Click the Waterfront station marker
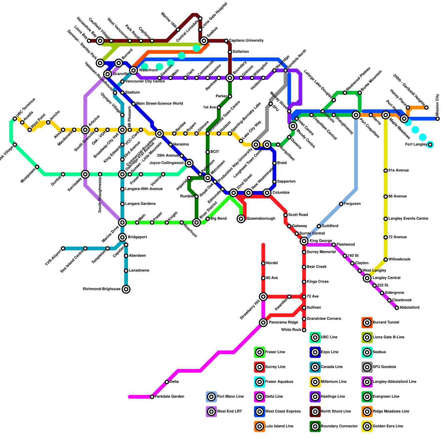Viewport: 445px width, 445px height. pyautogui.click(x=134, y=70)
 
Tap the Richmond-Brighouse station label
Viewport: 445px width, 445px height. pyautogui.click(x=102, y=289)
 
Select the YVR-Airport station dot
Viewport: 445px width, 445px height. pyautogui.click(x=63, y=248)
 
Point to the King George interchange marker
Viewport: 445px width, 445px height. pyautogui.click(x=304, y=241)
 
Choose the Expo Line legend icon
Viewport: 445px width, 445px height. pyautogui.click(x=315, y=352)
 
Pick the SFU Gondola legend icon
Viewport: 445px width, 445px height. pyautogui.click(x=367, y=367)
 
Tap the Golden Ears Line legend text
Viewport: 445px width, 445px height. pyautogui.click(x=388, y=426)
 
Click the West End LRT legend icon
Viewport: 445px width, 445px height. pyautogui.click(x=211, y=411)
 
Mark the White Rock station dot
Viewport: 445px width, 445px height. pyautogui.click(x=304, y=330)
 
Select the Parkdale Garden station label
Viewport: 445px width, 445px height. pyautogui.click(x=169, y=397)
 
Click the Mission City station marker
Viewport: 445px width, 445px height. pyautogui.click(x=438, y=119)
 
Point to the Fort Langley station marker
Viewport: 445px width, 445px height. pyautogui.click(x=430, y=145)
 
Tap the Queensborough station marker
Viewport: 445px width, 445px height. pyautogui.click(x=241, y=219)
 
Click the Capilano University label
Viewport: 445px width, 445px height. pyautogui.click(x=246, y=41)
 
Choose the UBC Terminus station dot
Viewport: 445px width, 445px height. pyautogui.click(x=15, y=119)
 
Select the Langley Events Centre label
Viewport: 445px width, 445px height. pyautogui.click(x=408, y=219)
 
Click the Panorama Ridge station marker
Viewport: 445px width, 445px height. pyautogui.click(x=263, y=323)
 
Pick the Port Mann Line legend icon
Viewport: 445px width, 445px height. pyautogui.click(x=211, y=397)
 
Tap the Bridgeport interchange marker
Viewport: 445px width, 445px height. pyautogui.click(x=122, y=237)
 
